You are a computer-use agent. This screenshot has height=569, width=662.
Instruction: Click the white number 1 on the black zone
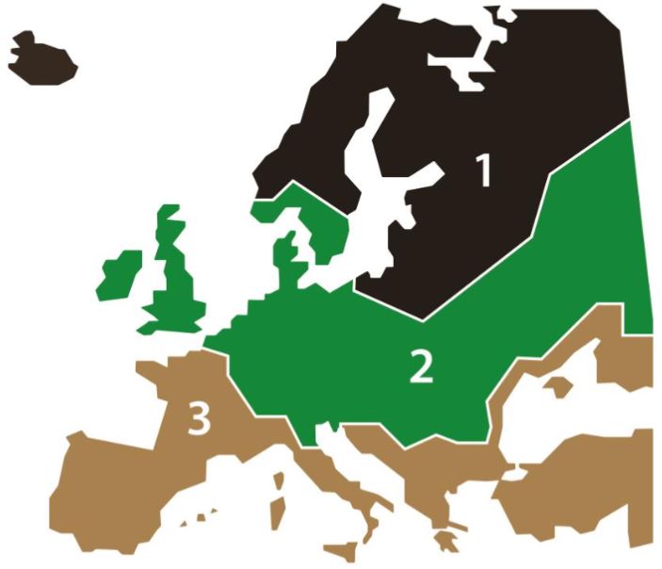[483, 171]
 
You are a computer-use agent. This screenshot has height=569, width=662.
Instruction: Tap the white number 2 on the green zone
[421, 367]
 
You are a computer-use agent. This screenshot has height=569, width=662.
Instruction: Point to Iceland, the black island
[40, 59]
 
